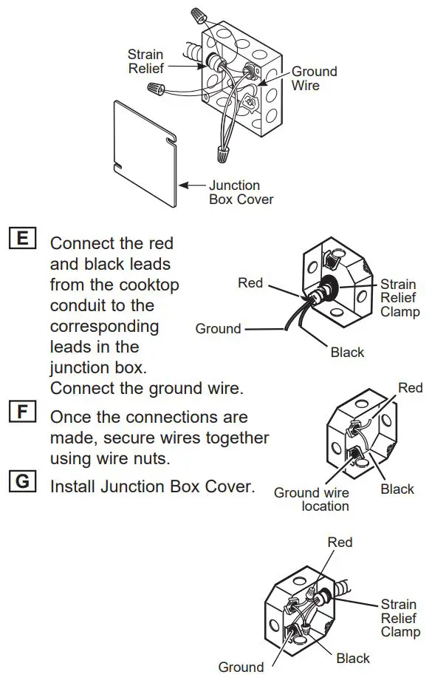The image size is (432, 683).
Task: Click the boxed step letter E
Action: coord(22,238)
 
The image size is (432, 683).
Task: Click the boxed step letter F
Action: coord(22,410)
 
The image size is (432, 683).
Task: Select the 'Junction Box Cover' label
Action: coord(241,192)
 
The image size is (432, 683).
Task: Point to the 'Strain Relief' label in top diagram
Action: coord(145,61)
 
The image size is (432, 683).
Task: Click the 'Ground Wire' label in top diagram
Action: coord(314,78)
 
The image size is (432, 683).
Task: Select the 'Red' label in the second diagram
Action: coord(250,282)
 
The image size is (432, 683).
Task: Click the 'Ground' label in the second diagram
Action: coord(218,329)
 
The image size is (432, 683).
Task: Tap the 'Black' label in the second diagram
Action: coord(347,353)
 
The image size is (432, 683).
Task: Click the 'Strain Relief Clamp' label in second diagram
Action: coord(400,298)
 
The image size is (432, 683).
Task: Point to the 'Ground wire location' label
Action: coord(311,499)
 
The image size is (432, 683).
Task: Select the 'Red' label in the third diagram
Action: coord(410,387)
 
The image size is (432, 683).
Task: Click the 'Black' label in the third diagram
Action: coord(397,489)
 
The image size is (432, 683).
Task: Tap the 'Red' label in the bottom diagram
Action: coord(340,542)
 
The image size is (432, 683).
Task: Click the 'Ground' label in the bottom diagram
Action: coord(241,667)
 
